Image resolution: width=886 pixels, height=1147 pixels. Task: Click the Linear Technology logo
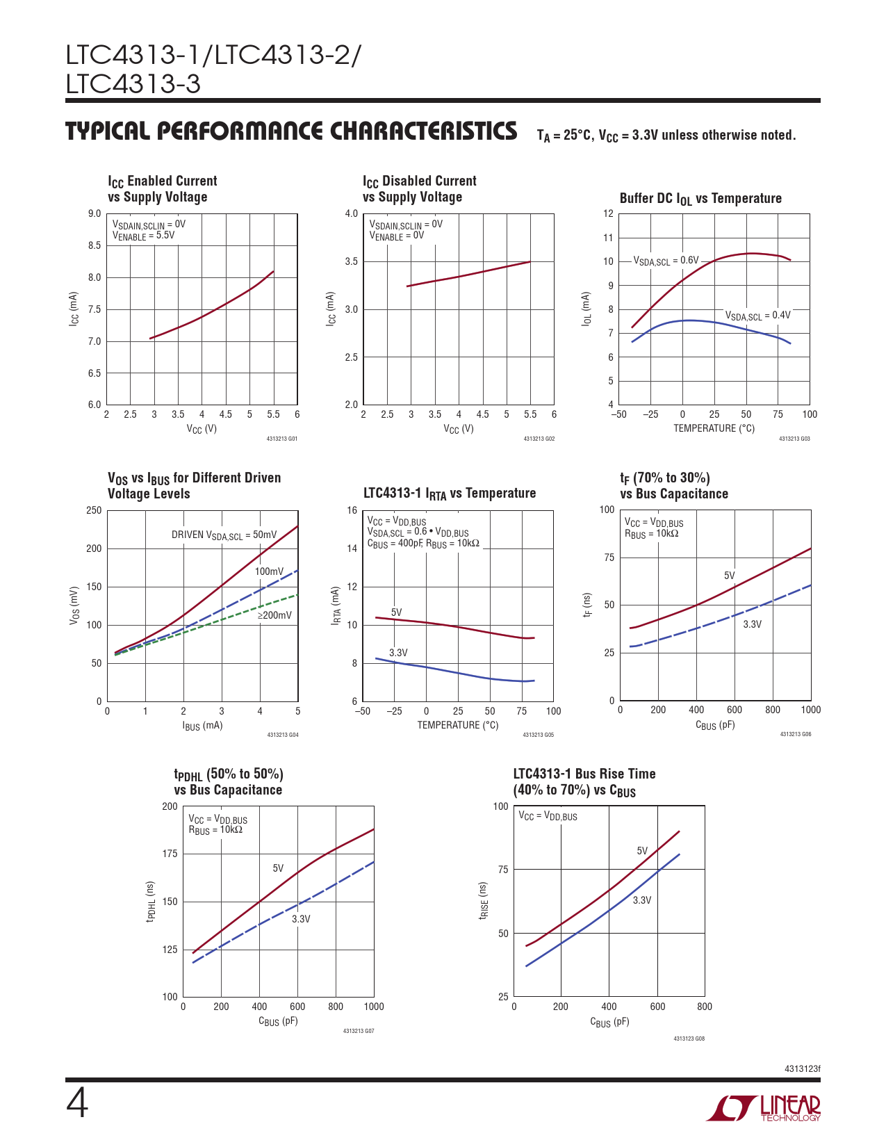[764, 1108]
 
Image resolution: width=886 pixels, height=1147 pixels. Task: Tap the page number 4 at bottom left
[77, 1104]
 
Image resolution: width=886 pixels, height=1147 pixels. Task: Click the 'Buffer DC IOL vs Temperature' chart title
[700, 199]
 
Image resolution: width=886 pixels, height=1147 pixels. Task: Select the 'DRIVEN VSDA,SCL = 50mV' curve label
[224, 535]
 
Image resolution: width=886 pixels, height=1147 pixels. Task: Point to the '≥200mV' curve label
[275, 615]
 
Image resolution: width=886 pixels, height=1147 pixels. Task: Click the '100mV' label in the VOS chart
[269, 571]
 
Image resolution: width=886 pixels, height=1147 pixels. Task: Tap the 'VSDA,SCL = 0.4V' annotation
[758, 316]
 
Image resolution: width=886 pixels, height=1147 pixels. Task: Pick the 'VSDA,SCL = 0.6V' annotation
[666, 261]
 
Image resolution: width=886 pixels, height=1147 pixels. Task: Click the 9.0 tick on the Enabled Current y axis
[95, 214]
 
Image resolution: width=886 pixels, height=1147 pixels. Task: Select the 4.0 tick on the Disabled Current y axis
[352, 214]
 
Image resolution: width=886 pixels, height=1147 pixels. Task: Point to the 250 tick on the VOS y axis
[94, 511]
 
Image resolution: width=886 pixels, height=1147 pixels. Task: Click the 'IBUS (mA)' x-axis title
[202, 726]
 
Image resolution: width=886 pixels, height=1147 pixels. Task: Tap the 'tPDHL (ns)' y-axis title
[151, 902]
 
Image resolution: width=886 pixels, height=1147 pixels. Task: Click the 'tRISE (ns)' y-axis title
[483, 901]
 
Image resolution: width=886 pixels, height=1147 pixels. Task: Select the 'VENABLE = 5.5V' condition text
[144, 236]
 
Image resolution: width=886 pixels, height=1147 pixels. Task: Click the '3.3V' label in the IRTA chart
[398, 653]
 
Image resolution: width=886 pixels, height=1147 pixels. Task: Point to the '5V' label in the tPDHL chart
[278, 868]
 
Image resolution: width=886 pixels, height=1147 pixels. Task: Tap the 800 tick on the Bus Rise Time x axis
[704, 1007]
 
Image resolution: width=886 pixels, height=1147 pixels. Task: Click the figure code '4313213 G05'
[539, 735]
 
